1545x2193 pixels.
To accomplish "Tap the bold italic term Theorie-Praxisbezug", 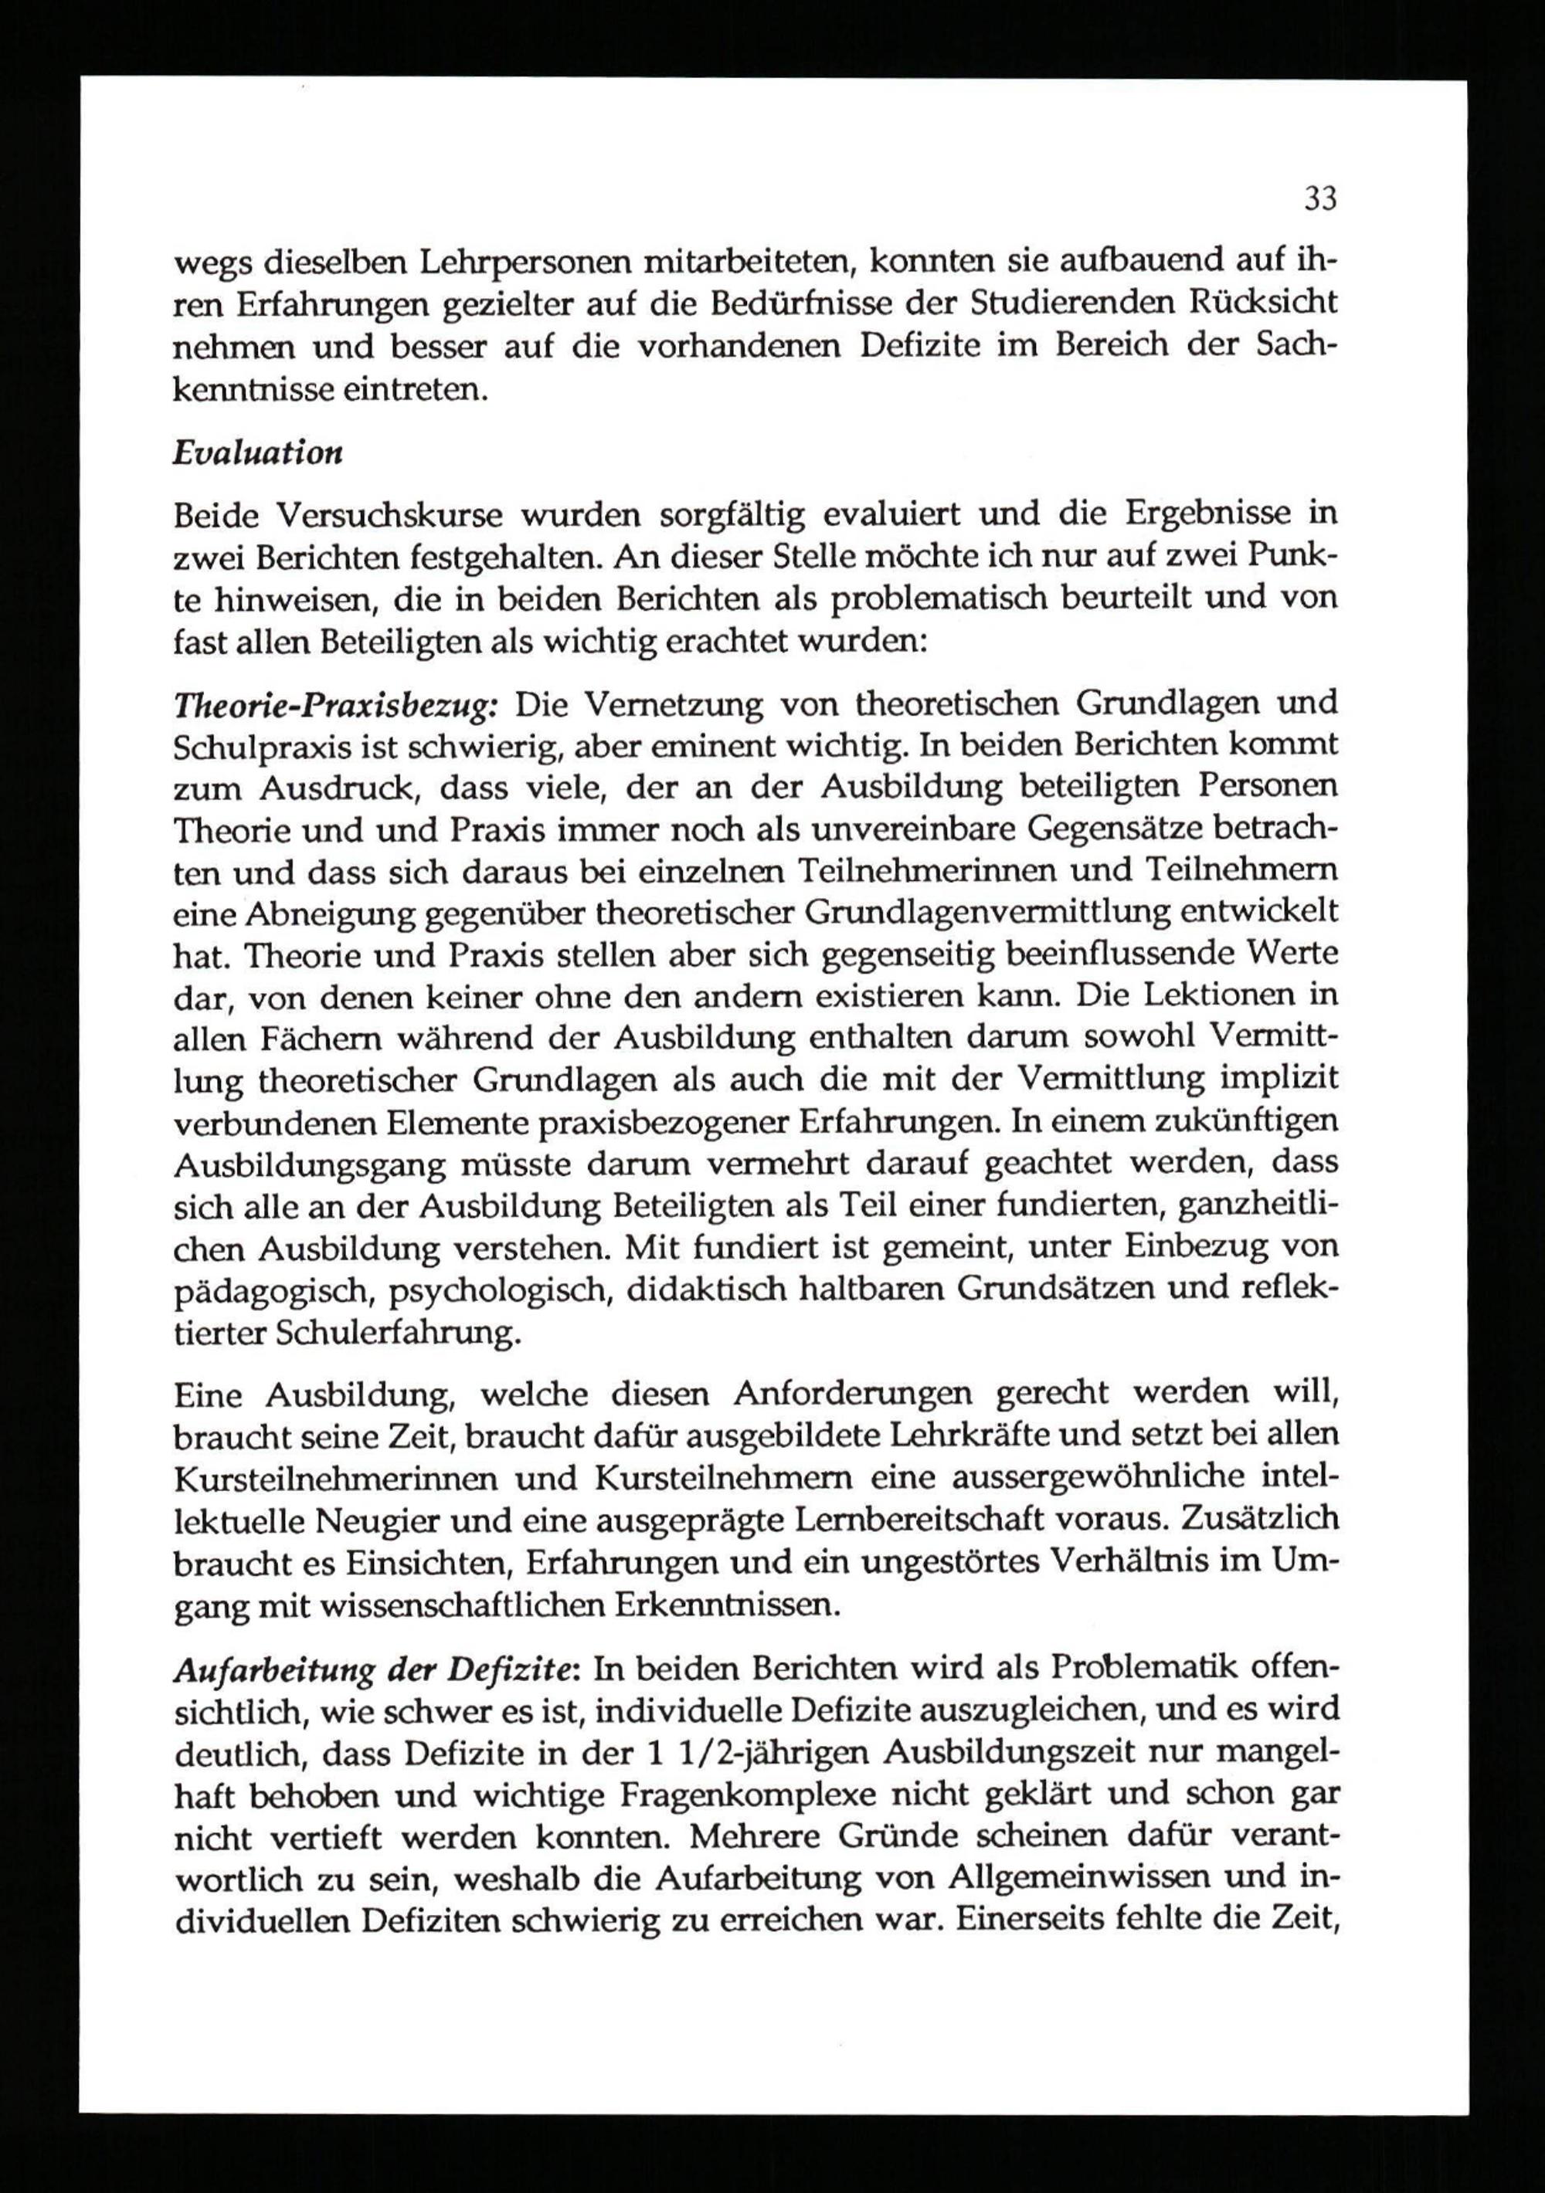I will point(335,705).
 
